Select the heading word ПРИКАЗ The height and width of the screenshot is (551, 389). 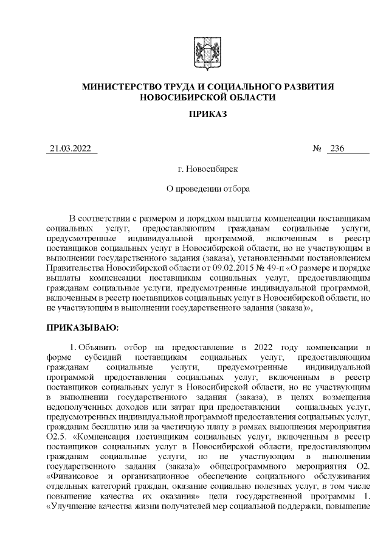click(207, 114)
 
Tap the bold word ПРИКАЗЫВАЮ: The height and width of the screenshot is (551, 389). click(83, 328)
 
